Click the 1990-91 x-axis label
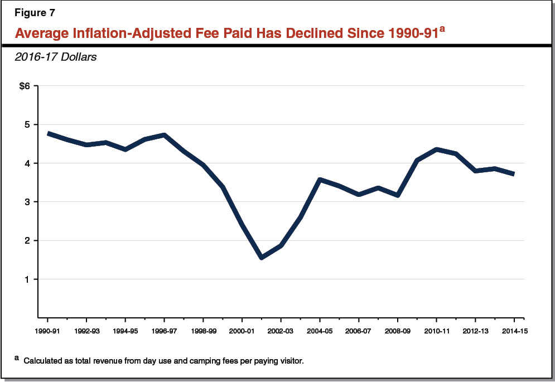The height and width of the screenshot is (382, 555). (x=47, y=330)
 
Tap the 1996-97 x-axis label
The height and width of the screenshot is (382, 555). (x=164, y=330)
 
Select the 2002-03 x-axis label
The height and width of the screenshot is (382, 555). (x=281, y=330)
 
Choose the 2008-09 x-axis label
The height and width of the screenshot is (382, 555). (x=397, y=330)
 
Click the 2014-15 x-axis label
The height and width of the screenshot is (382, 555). (x=513, y=330)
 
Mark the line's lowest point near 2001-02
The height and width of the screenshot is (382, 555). (x=262, y=258)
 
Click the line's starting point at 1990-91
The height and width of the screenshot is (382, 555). (x=48, y=133)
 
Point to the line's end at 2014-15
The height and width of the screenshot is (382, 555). (x=513, y=174)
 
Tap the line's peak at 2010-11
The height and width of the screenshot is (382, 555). (x=436, y=149)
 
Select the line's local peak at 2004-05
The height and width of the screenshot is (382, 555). (x=320, y=180)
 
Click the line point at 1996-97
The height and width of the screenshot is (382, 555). (x=165, y=134)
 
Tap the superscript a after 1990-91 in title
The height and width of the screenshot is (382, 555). (x=441, y=27)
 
